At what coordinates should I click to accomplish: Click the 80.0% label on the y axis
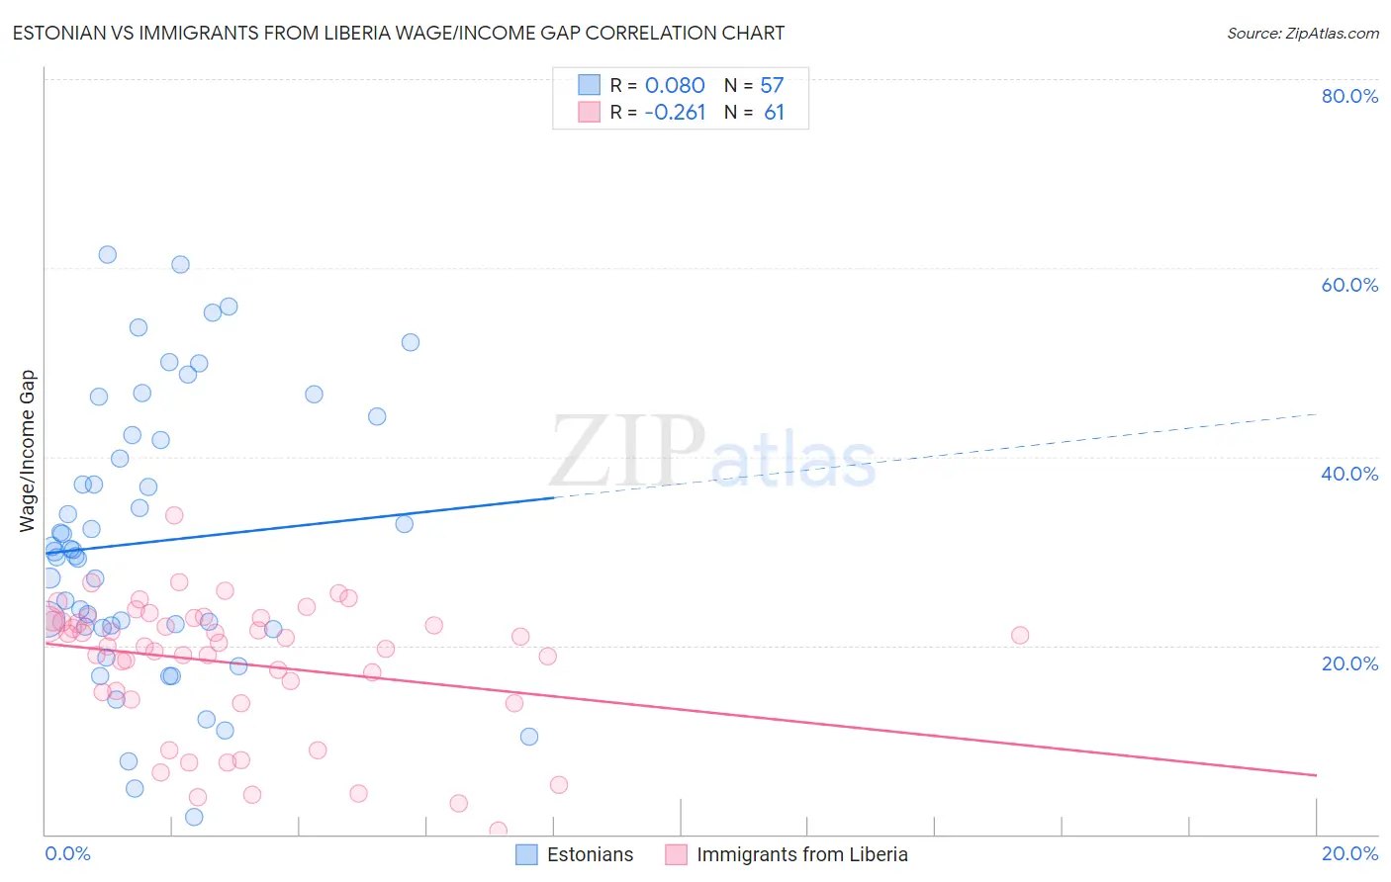(x=1349, y=96)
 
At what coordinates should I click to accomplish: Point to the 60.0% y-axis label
(x=1349, y=285)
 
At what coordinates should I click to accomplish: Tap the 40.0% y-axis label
(x=1349, y=474)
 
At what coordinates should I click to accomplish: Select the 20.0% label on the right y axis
(x=1349, y=663)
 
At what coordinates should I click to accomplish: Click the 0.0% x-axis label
(x=67, y=853)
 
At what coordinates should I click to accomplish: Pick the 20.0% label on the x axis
(x=1349, y=853)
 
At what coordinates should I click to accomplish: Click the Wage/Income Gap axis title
(x=28, y=451)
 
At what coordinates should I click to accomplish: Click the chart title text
(x=399, y=33)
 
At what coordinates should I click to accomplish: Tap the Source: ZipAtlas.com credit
(x=1302, y=33)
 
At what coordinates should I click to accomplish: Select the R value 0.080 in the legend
(x=675, y=86)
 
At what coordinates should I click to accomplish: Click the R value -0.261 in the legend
(x=675, y=113)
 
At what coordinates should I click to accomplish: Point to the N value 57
(x=772, y=86)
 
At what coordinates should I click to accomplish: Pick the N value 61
(x=774, y=113)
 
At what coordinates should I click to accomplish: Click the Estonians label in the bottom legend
(x=590, y=854)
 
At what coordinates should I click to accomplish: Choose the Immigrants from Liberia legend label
(x=801, y=854)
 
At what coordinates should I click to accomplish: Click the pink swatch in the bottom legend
(x=676, y=854)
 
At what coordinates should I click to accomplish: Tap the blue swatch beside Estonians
(x=526, y=854)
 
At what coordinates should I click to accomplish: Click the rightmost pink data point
(x=1020, y=635)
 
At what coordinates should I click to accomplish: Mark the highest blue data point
(x=108, y=255)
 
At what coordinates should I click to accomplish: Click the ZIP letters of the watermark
(x=627, y=453)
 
